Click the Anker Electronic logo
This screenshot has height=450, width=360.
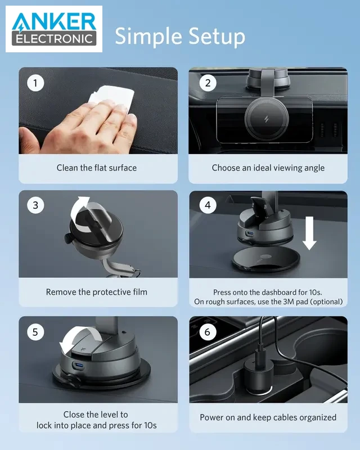(54, 29)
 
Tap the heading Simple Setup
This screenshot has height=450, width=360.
(180, 37)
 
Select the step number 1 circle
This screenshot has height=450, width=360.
(35, 83)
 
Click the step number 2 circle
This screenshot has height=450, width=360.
(208, 83)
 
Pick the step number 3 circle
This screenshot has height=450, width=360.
(35, 205)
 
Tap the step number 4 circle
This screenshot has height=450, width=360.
(208, 205)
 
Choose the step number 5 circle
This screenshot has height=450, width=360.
(35, 332)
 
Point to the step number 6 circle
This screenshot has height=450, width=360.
(208, 332)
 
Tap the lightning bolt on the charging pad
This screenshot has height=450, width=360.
(266, 119)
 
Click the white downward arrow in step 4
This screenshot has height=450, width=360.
(309, 233)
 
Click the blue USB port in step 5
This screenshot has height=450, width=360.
(79, 366)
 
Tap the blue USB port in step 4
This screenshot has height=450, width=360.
(250, 233)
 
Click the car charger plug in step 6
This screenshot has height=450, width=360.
(258, 373)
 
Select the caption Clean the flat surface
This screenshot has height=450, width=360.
(96, 168)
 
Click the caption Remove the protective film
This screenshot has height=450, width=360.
(96, 292)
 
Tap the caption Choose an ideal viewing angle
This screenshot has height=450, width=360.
(268, 168)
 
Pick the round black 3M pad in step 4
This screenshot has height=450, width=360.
(266, 259)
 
